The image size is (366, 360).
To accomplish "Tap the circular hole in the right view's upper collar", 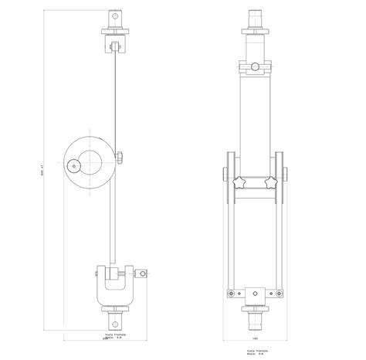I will coord(255,67).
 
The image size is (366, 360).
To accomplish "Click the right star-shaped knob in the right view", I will coord(272,183).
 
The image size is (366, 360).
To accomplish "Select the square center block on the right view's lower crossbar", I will coord(255,293).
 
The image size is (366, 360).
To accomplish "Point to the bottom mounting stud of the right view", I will coord(255,318).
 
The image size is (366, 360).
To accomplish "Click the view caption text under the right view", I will coord(255,352).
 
